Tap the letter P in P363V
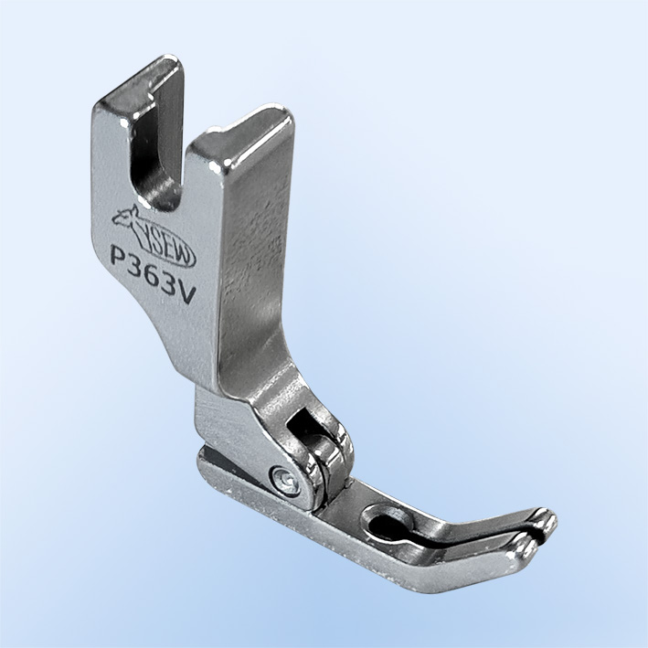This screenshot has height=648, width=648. (119, 257)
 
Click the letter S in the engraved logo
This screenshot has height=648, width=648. (156, 244)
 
